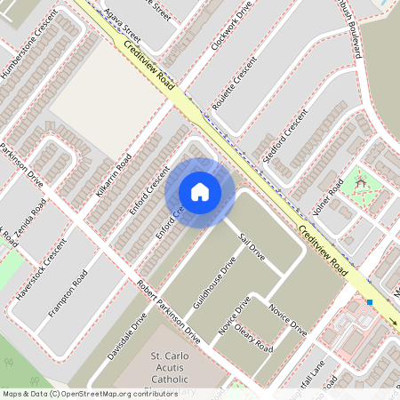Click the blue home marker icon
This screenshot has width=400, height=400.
click(200, 192)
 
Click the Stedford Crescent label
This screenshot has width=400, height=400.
click(285, 136)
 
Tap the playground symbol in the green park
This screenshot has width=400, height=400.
click(361, 182)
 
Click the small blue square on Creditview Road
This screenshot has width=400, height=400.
click(369, 302)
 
